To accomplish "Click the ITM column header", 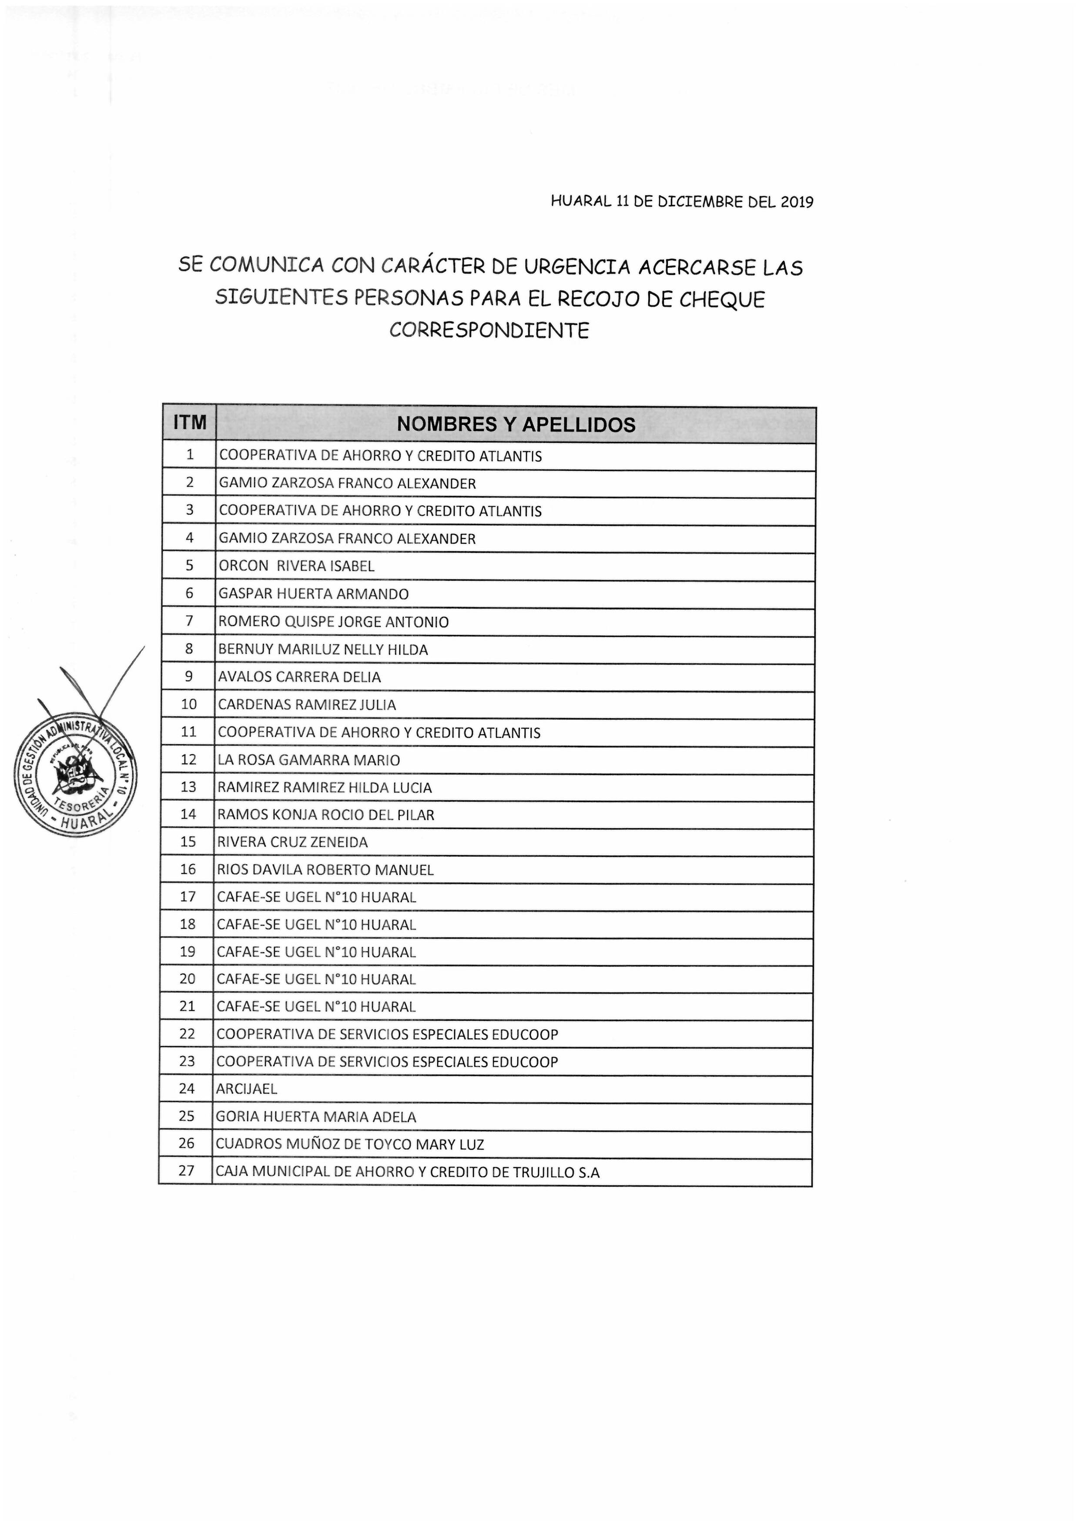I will pos(189,423).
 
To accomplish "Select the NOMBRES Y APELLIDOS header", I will pos(516,425).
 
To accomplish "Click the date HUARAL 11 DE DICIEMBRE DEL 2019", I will pos(681,202).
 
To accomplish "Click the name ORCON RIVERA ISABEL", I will pos(297,566).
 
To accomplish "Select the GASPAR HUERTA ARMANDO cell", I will pos(313,594).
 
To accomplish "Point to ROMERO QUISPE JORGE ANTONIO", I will pos(333,622).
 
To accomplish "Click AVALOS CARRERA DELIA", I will pos(299,677).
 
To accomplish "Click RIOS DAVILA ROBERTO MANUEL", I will pos(325,870).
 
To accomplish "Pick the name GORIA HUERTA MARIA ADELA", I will pos(316,1117).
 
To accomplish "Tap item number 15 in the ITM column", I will pos(188,842).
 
